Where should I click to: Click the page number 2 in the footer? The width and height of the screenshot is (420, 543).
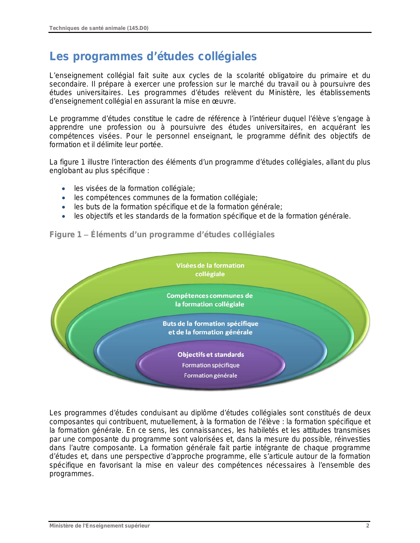click(x=368, y=526)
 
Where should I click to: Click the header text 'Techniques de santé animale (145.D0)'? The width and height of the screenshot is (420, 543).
click(x=99, y=28)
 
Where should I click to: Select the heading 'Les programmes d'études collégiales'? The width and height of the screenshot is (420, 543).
click(x=153, y=56)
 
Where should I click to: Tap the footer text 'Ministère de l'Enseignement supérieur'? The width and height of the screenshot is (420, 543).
click(x=99, y=526)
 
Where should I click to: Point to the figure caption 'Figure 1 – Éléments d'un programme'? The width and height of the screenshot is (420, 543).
click(x=162, y=235)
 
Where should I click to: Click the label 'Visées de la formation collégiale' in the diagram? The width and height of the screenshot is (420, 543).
click(x=210, y=270)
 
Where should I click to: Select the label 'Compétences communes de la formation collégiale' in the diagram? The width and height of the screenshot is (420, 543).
click(x=210, y=300)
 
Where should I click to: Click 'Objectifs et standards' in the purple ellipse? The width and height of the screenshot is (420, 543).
click(x=211, y=354)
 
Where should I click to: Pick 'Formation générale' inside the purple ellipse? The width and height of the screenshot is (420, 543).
click(x=210, y=375)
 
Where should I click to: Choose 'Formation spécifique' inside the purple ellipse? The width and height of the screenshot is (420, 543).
click(x=211, y=365)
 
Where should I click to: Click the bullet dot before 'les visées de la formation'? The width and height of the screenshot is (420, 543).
click(x=64, y=189)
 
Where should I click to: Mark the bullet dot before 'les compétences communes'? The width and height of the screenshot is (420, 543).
click(x=64, y=198)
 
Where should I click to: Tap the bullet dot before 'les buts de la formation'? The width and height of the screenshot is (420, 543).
click(x=64, y=207)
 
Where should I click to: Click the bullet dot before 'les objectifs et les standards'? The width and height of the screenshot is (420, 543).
click(x=64, y=217)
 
